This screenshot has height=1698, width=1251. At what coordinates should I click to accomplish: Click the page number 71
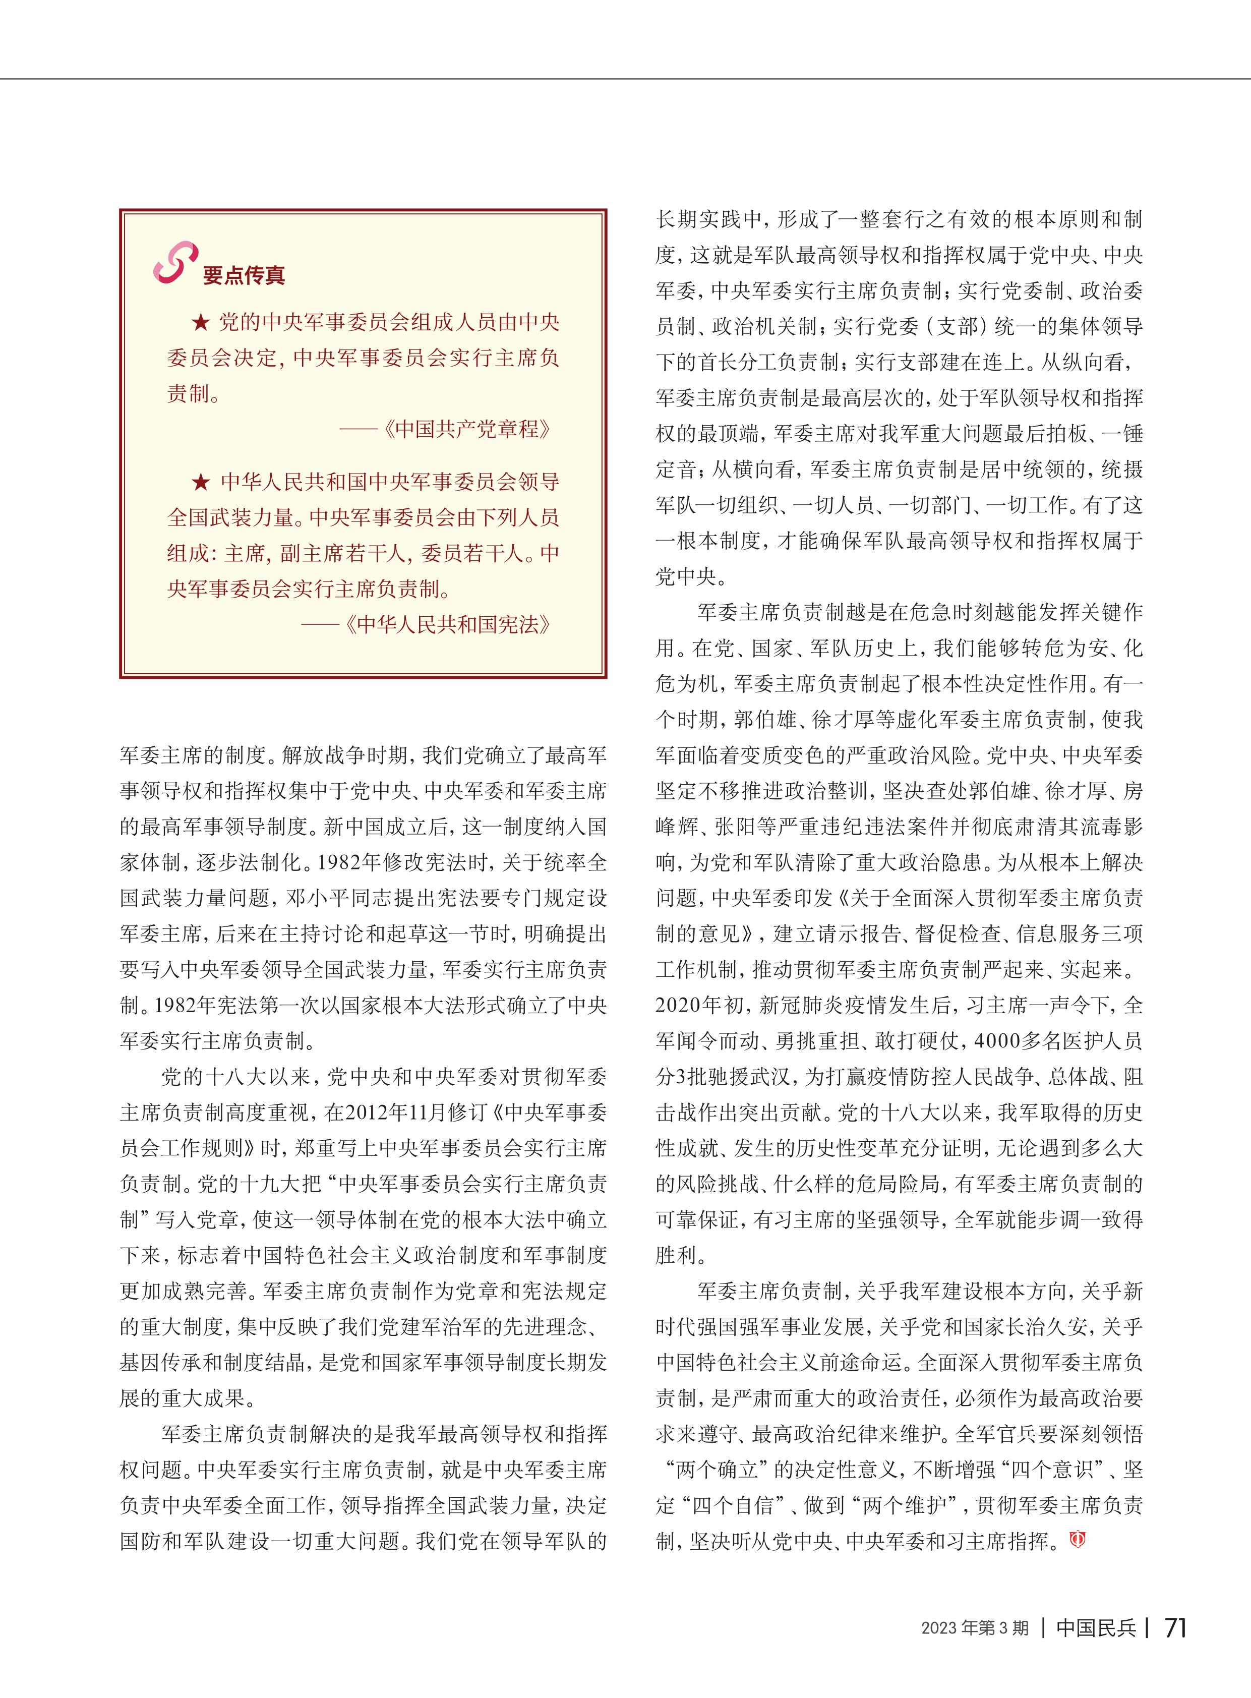(x=1175, y=1627)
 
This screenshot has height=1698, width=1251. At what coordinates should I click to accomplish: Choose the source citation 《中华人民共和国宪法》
(x=448, y=625)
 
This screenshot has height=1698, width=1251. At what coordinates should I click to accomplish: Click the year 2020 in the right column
(x=679, y=1006)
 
